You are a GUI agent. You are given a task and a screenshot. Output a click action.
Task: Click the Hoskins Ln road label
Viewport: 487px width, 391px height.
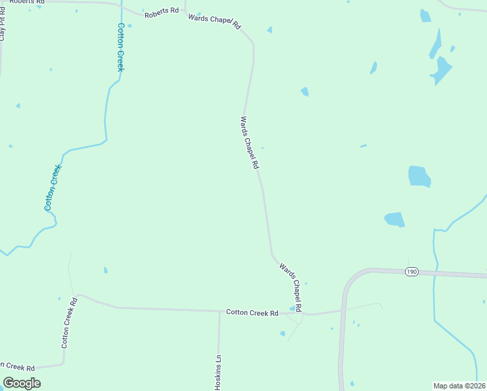click(x=219, y=372)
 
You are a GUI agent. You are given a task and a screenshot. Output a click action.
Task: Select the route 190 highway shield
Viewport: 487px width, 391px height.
click(x=411, y=272)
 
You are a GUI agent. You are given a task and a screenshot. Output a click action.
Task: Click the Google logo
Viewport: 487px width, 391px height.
click(x=21, y=383)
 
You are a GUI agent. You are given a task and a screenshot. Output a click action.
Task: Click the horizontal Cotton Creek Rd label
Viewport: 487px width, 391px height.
click(x=252, y=313)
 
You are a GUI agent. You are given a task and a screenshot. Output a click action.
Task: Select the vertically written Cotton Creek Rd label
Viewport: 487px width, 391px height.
click(x=70, y=323)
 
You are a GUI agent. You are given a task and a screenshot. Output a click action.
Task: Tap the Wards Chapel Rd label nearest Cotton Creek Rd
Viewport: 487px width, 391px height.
click(x=291, y=286)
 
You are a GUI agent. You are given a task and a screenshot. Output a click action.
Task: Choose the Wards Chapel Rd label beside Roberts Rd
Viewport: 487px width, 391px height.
click(x=214, y=22)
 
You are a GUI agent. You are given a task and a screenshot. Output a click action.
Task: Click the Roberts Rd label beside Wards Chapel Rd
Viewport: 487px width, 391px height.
click(x=161, y=12)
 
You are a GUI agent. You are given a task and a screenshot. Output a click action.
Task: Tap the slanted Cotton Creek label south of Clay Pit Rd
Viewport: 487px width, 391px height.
click(x=53, y=187)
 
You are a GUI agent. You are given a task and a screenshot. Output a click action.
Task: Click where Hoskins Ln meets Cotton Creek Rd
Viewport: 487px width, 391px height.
click(x=219, y=311)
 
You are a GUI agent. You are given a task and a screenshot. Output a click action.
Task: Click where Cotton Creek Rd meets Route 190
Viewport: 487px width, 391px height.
click(x=342, y=310)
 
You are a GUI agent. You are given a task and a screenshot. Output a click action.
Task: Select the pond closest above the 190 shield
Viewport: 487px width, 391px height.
click(x=395, y=220)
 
